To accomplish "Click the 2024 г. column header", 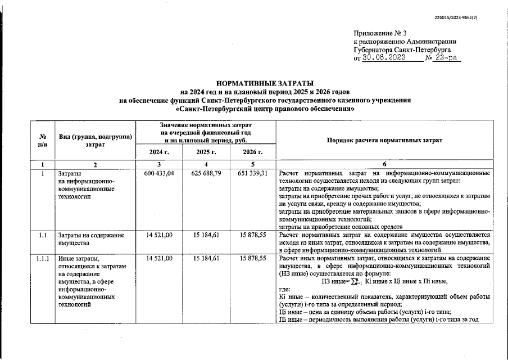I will pos(159,152).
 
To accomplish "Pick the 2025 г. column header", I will pos(206,152).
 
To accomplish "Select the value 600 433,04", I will pos(159,173).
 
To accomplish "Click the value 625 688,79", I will pos(206,173).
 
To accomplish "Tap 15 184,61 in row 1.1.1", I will pos(206,258).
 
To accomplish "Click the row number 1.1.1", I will pos(43,258).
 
